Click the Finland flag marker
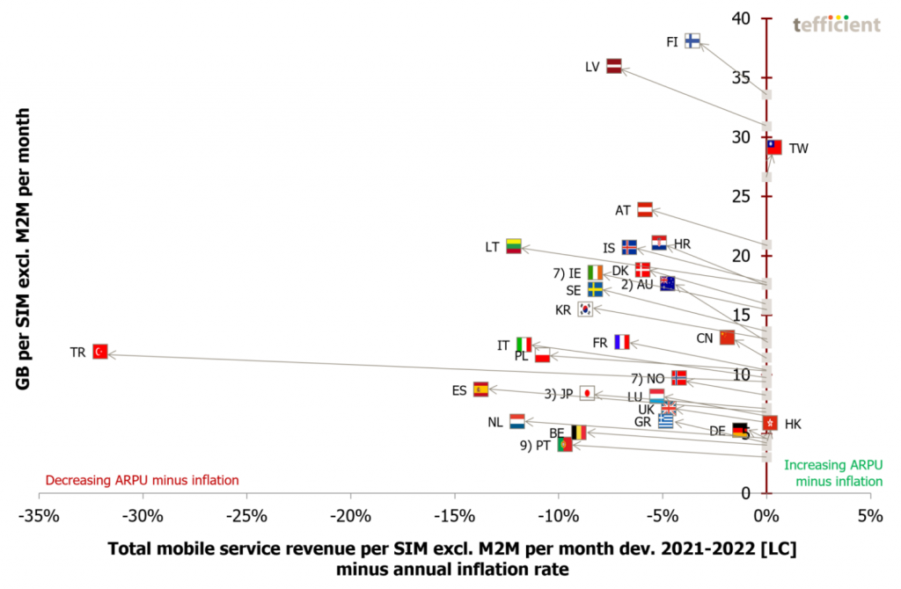pos(692,40)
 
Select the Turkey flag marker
pos(100,352)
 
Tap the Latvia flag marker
pos(614,66)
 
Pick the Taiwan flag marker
pos(773,147)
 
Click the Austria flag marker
pos(644,209)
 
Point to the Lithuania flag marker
pos(514,246)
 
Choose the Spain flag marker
pos(480,389)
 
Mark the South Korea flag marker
pos(585,309)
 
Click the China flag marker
pos(727,338)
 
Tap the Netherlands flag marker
pos(517,422)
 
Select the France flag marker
pos(622,342)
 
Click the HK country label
pos(793,424)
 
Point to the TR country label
pos(77,352)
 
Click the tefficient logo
pos(836,25)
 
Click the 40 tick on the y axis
pos(744,18)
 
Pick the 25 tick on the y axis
pos(744,196)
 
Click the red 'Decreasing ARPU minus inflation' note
pos(142,480)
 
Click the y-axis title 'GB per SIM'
pos(26,247)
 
